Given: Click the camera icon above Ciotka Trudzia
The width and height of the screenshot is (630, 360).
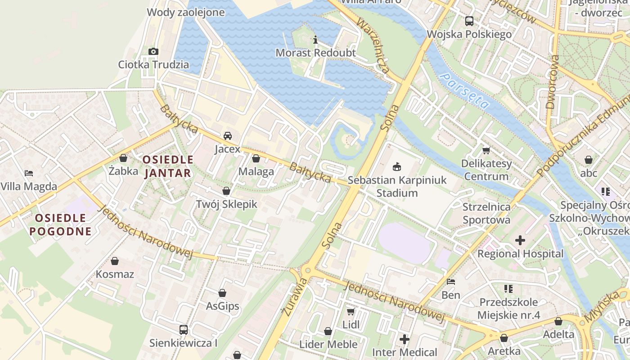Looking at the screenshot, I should [x=153, y=51].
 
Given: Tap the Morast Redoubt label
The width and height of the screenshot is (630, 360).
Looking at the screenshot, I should [x=315, y=53].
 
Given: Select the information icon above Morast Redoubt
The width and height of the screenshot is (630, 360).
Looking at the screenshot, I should [x=315, y=40].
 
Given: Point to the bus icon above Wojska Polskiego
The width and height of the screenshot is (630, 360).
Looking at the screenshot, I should [x=469, y=21].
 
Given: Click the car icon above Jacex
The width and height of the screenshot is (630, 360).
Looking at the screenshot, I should [x=228, y=136].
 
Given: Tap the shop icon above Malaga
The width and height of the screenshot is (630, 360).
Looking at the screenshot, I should [x=256, y=158].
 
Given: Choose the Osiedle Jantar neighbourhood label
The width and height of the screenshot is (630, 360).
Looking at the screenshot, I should [x=168, y=166].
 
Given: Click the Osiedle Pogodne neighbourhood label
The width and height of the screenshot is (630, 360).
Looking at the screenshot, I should [x=60, y=225].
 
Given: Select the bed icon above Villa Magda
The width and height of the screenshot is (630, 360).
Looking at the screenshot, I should [x=29, y=173].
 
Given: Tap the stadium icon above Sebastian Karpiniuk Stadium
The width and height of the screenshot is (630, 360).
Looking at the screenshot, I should [x=397, y=167].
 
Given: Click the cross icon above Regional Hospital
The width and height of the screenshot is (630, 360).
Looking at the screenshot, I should [x=520, y=240].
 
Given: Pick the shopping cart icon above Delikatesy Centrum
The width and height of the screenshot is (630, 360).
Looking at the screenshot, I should [x=486, y=150].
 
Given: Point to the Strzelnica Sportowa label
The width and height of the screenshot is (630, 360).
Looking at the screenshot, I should [x=486, y=213].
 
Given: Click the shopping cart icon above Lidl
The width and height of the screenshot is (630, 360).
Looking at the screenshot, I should [x=351, y=311].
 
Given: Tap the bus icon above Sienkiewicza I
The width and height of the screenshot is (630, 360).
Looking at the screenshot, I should [x=184, y=330].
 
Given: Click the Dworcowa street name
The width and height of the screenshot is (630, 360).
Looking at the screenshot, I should [x=552, y=82].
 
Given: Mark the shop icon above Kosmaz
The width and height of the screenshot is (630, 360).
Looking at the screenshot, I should [x=115, y=261].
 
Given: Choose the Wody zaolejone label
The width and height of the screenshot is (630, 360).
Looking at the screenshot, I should [x=185, y=12].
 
